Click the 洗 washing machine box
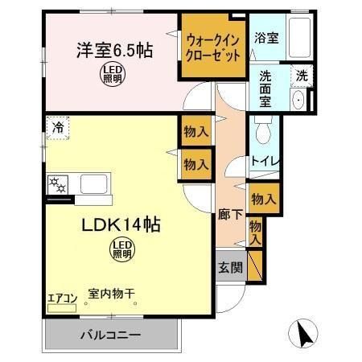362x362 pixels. tap(301, 75)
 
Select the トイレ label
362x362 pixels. tap(265, 160)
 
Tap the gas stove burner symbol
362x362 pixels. tap(58, 183)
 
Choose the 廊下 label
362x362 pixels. tap(228, 216)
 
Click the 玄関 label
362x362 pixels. tap(228, 269)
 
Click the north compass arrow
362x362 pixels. tap(304, 331)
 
